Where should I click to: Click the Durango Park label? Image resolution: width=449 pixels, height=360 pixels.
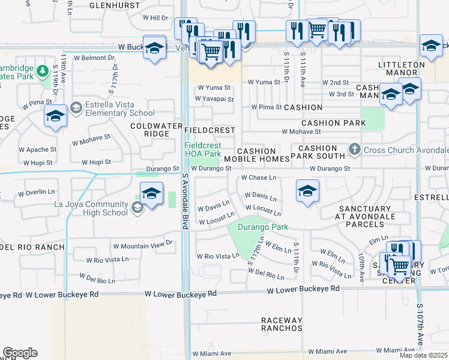263,227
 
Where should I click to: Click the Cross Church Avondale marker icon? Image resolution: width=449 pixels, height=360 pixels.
355,149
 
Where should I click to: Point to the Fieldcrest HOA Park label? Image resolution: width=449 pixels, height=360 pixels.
202,149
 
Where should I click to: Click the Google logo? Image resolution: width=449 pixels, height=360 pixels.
20,353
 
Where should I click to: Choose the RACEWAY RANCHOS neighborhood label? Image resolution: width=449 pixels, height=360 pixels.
282,324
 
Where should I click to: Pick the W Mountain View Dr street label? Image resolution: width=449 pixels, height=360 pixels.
143,245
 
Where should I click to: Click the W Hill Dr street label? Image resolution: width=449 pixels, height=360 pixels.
155,18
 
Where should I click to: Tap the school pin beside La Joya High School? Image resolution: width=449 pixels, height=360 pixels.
152,194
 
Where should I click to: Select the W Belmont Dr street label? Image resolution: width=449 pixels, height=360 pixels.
94,58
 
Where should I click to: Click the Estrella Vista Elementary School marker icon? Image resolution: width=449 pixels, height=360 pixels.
76,108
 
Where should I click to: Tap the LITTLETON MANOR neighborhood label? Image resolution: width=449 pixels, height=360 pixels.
397,68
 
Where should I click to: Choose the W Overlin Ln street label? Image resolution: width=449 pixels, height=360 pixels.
36,193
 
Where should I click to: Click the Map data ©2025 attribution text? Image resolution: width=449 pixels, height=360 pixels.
423,355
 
